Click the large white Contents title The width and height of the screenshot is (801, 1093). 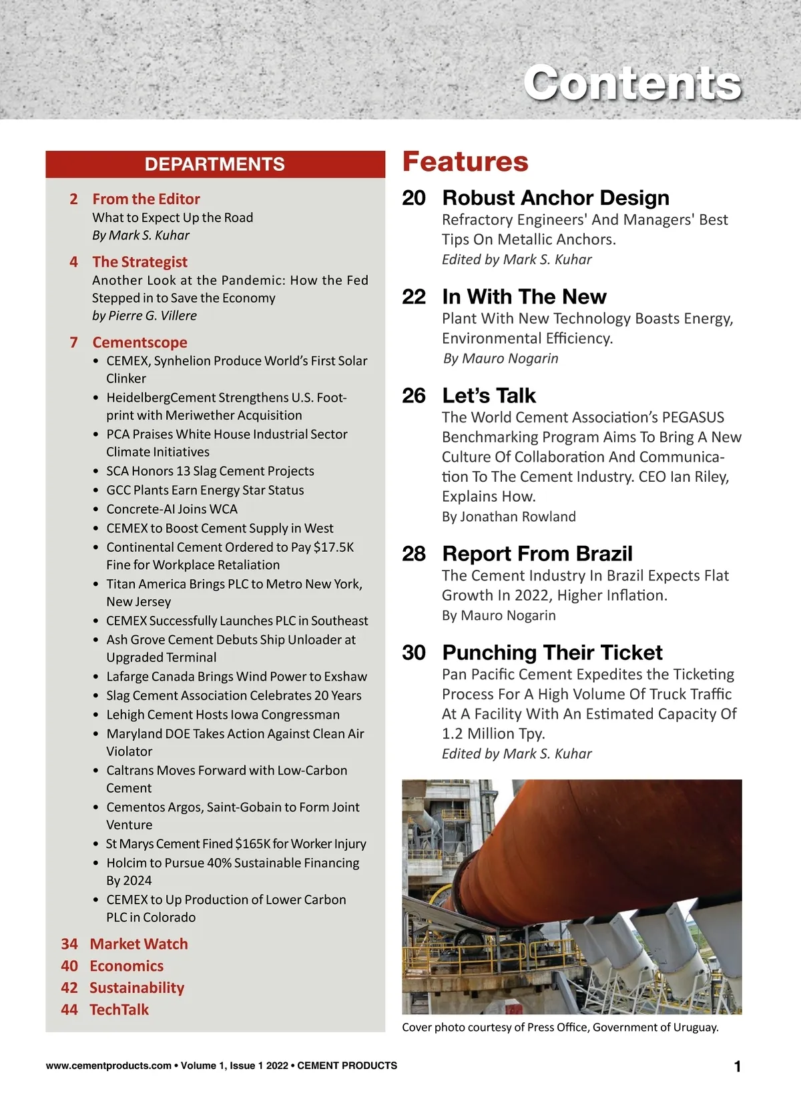point(631,83)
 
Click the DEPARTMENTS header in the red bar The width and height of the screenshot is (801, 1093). point(215,164)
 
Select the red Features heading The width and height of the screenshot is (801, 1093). point(465,162)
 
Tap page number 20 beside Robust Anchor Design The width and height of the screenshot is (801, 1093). point(414,198)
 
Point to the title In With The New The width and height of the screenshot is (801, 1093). point(524,296)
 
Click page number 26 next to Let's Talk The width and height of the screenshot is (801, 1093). point(414,396)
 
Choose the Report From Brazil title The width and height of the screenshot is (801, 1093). point(537,554)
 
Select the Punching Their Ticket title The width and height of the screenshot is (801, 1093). point(552,653)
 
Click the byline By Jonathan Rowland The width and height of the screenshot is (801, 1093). point(509,516)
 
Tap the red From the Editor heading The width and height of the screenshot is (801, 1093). point(146,199)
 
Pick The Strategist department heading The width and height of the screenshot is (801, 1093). point(140,262)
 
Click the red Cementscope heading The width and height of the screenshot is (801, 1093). point(140,342)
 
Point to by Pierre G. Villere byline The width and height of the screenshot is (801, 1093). point(144,316)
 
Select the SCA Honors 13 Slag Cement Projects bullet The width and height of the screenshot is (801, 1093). point(210,471)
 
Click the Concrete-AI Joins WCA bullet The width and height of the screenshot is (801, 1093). point(172,509)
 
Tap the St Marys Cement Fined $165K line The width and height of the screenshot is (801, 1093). point(236,844)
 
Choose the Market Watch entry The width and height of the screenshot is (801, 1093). point(139,944)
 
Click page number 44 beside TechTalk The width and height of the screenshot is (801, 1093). point(69,1010)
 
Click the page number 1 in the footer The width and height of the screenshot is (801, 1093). point(738,1066)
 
